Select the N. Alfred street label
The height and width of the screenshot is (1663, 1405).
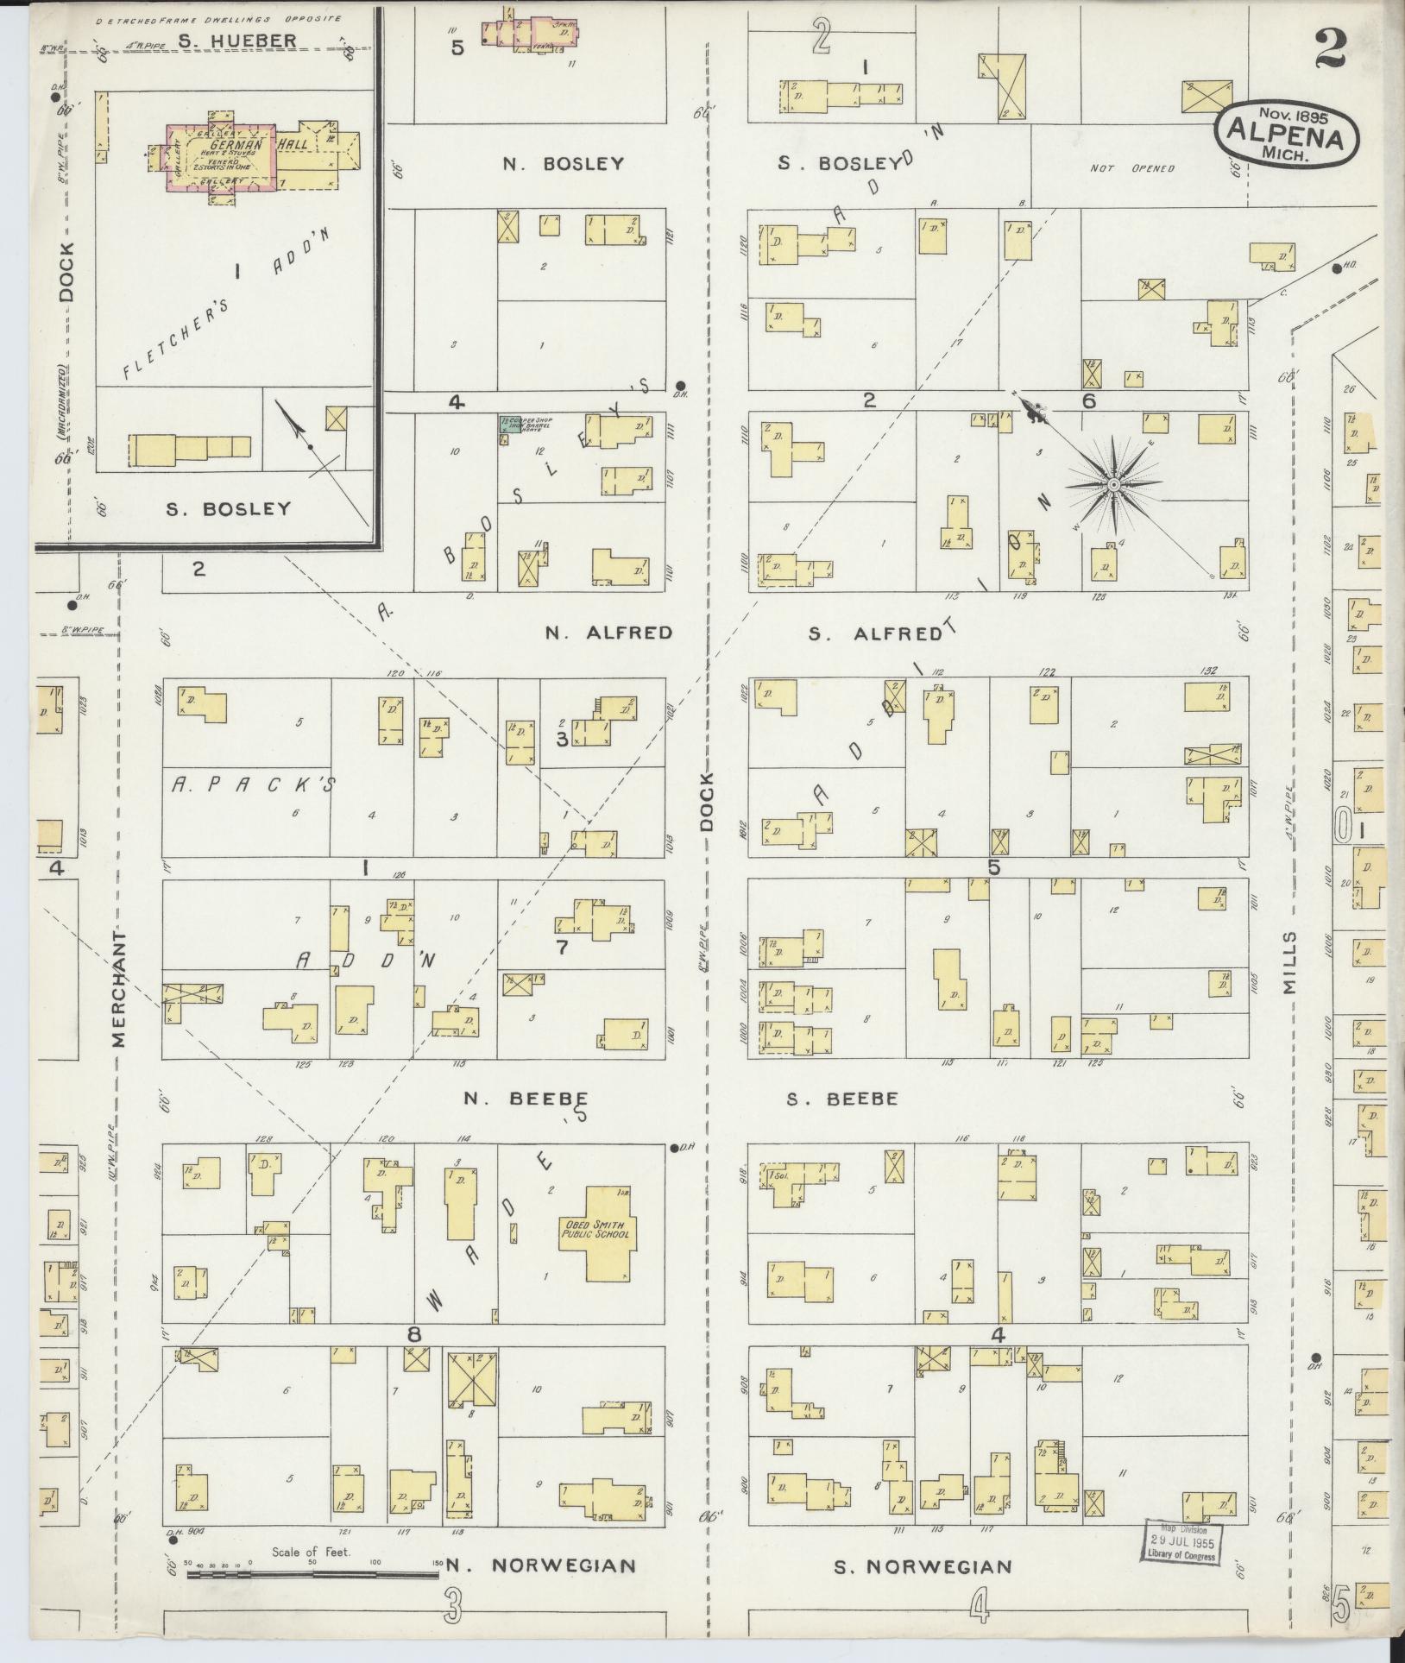608,633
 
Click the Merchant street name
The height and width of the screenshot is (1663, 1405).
118,988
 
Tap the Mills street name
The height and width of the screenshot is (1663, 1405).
1289,963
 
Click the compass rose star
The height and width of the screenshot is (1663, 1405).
1113,485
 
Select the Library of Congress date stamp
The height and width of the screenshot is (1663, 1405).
1181,1540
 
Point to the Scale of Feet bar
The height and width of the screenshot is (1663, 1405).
312,1575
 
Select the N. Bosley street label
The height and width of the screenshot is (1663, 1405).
563,163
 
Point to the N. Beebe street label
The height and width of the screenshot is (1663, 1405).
526,1099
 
